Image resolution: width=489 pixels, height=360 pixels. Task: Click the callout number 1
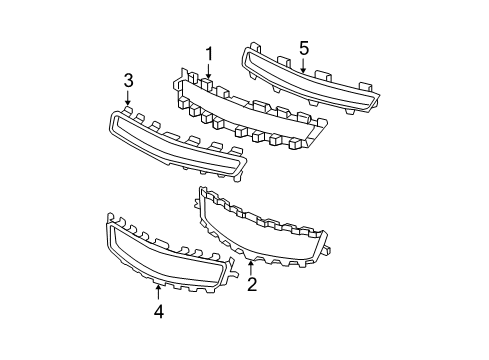210,52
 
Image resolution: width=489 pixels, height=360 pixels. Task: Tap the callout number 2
252,285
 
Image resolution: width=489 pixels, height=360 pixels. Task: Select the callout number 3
128,80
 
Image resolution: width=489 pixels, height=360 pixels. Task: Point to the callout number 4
158,311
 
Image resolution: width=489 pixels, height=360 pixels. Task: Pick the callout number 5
304,47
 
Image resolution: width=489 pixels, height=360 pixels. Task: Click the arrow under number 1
209,71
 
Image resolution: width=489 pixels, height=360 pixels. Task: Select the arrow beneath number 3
128,99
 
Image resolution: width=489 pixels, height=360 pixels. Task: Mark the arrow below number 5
303,66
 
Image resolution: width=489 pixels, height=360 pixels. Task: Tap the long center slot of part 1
250,105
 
